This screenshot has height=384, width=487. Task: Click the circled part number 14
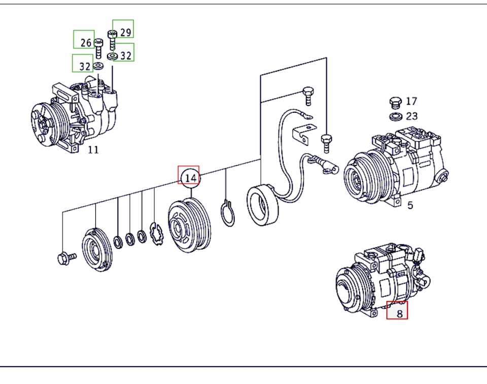click(x=190, y=178)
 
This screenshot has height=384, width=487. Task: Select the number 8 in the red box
click(x=399, y=313)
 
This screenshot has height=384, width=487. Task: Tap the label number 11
click(x=93, y=149)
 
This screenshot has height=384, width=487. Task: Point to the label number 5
click(x=410, y=205)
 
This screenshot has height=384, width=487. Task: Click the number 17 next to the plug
click(x=411, y=101)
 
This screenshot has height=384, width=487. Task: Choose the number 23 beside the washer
click(x=411, y=116)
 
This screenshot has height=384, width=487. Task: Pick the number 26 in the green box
click(x=86, y=42)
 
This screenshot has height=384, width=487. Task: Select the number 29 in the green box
click(x=125, y=32)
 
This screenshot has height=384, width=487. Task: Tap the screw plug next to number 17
click(x=395, y=103)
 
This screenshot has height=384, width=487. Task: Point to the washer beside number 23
click(x=395, y=117)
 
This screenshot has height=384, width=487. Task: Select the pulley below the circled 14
click(x=188, y=226)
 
